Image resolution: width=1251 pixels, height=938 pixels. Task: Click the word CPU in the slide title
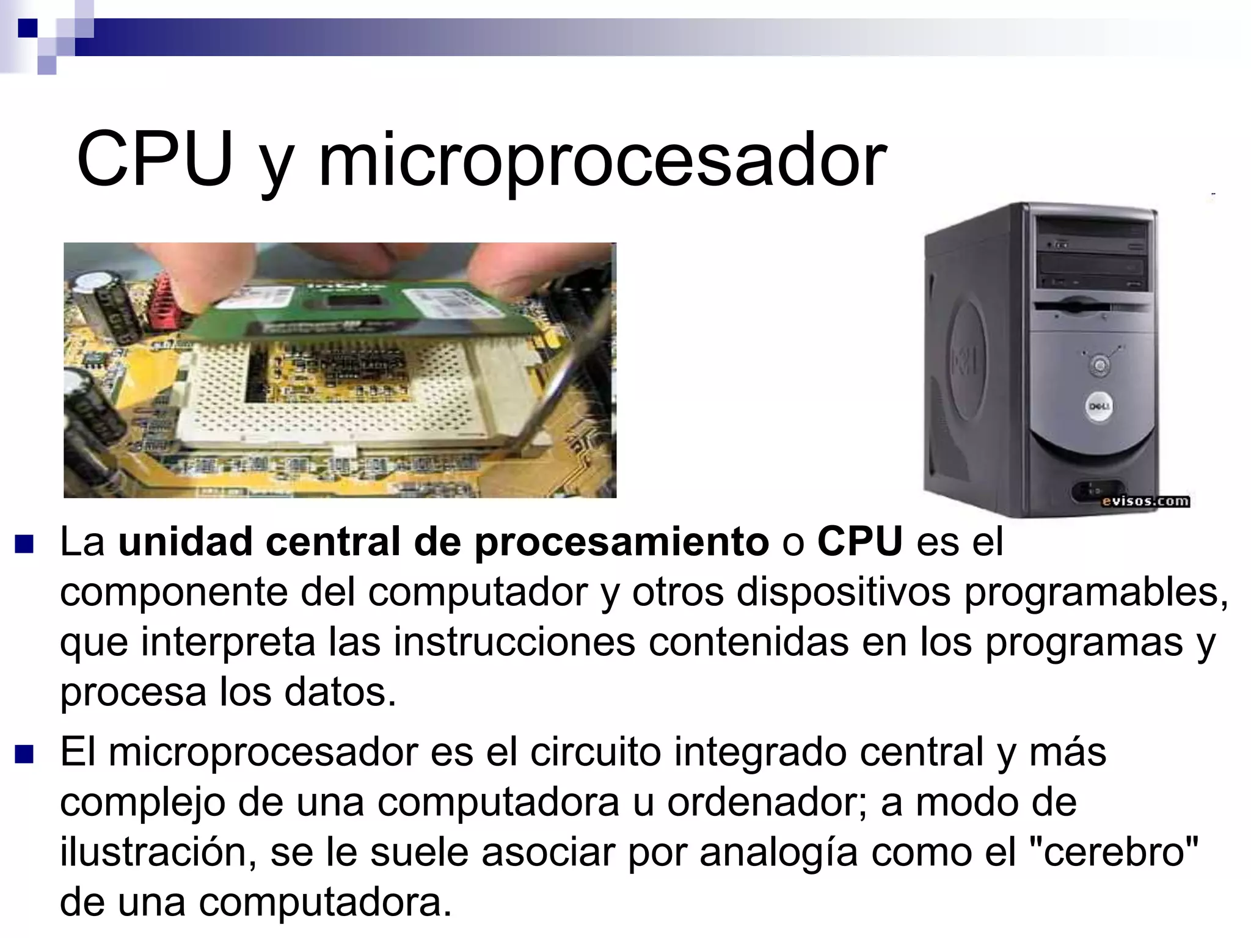click(x=155, y=160)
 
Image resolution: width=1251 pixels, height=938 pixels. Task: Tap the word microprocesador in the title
click(x=602, y=162)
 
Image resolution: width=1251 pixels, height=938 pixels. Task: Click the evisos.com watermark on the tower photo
click(x=1145, y=501)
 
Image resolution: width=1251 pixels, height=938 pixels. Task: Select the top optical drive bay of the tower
click(x=1093, y=235)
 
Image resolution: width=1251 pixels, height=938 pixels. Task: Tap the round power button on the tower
click(x=1100, y=365)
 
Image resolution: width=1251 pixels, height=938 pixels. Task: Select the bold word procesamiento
click(x=621, y=542)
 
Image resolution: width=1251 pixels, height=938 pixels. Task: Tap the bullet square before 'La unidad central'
click(x=24, y=543)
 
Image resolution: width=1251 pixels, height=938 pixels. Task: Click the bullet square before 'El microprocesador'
click(x=24, y=754)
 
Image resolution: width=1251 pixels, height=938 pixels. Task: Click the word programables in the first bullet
click(x=1096, y=592)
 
